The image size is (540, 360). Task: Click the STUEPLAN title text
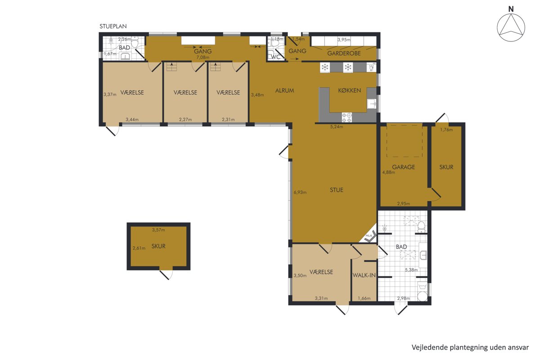click(113, 26)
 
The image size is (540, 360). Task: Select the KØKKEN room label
click(349, 90)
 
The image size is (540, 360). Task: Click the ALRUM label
click(284, 90)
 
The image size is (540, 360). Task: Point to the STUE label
click(336, 190)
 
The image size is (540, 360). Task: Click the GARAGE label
click(403, 167)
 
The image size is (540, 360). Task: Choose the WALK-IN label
click(364, 275)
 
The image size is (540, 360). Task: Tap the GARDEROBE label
click(344, 53)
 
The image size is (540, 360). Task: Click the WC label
click(276, 57)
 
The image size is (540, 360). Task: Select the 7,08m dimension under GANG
click(203, 58)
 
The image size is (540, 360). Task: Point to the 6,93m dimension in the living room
click(300, 193)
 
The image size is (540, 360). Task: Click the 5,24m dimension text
click(336, 127)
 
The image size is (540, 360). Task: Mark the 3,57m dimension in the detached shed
click(158, 230)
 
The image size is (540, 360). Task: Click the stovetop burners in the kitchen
click(347, 117)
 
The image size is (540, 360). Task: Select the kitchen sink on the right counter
click(372, 104)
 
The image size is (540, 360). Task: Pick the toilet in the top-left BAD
click(135, 42)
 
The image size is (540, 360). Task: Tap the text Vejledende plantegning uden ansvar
click(470, 347)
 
